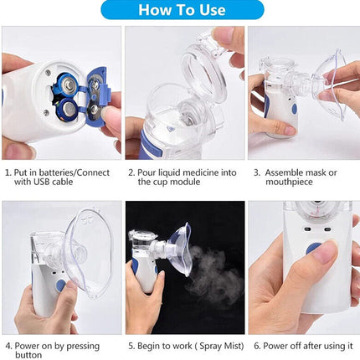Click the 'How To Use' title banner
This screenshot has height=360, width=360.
click(x=181, y=10)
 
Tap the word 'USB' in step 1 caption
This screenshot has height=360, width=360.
click(x=41, y=183)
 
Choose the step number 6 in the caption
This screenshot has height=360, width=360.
click(x=256, y=345)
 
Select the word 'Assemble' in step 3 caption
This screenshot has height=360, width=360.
click(x=284, y=172)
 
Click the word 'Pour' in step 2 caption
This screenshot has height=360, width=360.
click(x=148, y=172)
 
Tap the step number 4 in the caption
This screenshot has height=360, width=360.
click(x=8, y=345)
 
